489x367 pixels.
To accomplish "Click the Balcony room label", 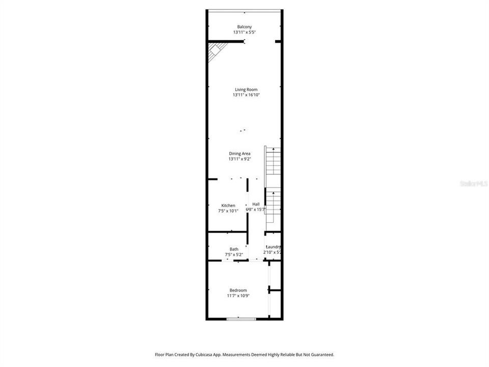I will (244, 27).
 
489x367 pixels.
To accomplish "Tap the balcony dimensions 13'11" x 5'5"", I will (244, 33).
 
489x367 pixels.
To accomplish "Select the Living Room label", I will (246, 90).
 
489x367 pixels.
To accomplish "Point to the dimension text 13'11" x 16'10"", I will (246, 95).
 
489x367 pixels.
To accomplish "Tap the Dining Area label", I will (239, 153).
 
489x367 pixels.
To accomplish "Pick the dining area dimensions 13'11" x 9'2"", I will (239, 159).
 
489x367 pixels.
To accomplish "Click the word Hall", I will (256, 204).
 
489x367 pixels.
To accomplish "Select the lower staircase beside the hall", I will (274, 206).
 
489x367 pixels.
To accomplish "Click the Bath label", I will (233, 249).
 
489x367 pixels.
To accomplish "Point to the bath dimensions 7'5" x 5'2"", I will (234, 255).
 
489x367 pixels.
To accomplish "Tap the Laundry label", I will (273, 247).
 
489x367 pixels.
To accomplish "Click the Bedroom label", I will (237, 290).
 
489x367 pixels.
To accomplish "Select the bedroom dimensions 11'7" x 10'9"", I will (237, 296).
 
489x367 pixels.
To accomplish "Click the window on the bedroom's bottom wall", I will (241, 319).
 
